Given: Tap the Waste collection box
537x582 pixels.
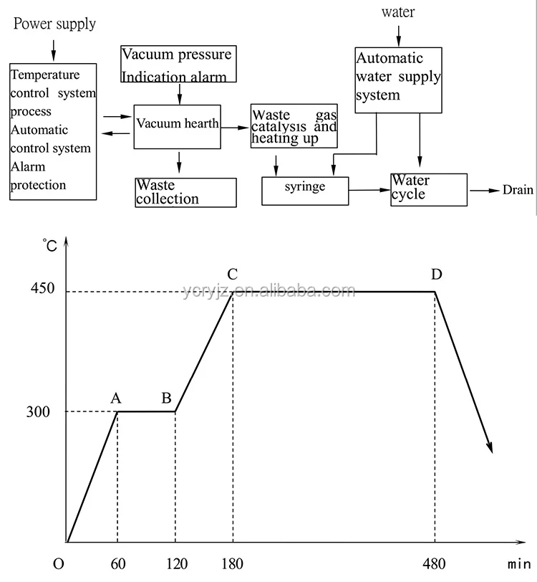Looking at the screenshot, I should (x=185, y=192).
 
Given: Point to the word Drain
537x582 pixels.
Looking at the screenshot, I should (x=518, y=190).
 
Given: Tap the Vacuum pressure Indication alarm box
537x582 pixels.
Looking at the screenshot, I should (x=177, y=64).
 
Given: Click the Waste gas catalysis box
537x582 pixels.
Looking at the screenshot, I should (x=294, y=127).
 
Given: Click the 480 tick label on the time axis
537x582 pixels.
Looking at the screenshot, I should (x=434, y=563).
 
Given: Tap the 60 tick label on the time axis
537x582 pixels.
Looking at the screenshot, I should (x=117, y=563).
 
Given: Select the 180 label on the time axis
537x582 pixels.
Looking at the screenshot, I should (x=233, y=563).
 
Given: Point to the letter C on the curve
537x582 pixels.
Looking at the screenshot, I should (x=232, y=274).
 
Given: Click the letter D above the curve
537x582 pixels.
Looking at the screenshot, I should (x=436, y=274).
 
